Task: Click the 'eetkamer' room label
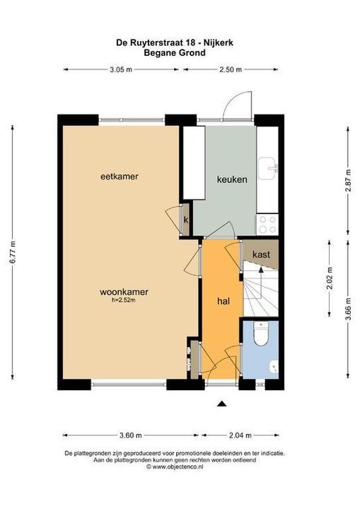pos(118,176)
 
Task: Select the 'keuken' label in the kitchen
pos(232,180)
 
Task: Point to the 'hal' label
pos(223,300)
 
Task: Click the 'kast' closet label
pos(261,254)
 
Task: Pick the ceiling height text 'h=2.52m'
pos(123,300)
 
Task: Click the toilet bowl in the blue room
pos(260,334)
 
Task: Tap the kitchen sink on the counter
pos(269,168)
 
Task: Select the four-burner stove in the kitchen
pos(268,224)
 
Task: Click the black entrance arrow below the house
pos(222,404)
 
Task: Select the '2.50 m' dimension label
pos(229,69)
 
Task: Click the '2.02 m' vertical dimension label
pos(330,279)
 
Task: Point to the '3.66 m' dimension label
pos(348,311)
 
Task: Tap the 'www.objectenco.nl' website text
pos(182,467)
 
